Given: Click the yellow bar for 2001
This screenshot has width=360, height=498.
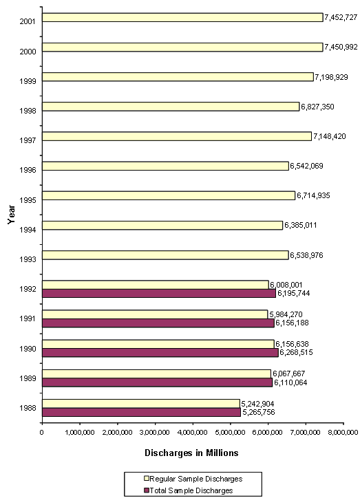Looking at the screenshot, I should coord(182,17).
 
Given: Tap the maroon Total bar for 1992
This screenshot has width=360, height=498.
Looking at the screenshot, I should coord(159,293).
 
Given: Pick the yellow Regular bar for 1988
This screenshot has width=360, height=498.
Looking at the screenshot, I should coord(141,403).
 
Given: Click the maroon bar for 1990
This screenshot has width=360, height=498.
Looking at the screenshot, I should coord(160,352).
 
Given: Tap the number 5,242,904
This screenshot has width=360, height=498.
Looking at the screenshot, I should coord(260,403).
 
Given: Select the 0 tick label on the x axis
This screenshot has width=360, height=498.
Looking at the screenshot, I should coord(42,433).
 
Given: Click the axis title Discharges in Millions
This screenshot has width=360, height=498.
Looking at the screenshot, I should coord(191,453).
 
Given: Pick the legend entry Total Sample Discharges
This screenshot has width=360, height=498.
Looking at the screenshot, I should coord(190,490).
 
